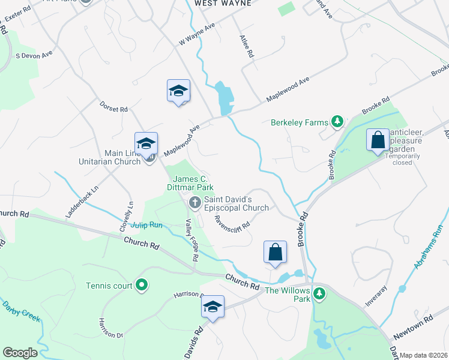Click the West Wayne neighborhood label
221,3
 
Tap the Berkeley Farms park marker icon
337,122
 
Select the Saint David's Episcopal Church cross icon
194,203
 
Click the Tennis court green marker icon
141,285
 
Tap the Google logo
20,353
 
